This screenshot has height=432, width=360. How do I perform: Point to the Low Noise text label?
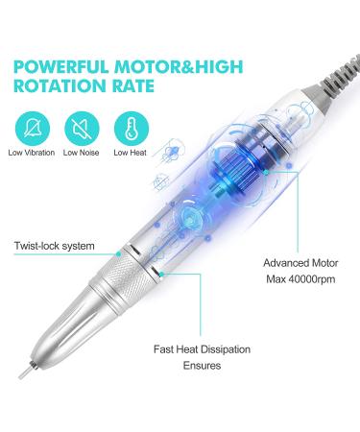pos(82,151)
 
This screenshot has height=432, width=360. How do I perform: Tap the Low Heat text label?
pos(130,151)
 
